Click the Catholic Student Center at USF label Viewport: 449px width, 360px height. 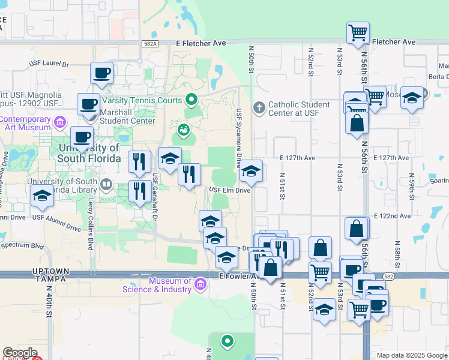click(x=299, y=109)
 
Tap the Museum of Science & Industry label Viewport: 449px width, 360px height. click(x=157, y=285)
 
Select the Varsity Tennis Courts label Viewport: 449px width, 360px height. click(x=142, y=100)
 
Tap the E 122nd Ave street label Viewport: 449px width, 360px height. click(x=392, y=215)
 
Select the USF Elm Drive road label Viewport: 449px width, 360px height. click(x=230, y=190)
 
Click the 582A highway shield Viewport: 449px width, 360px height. click(x=151, y=43)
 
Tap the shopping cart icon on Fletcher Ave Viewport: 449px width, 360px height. click(x=358, y=32)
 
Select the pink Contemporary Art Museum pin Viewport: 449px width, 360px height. click(x=59, y=123)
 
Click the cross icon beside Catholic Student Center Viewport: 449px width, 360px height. click(x=259, y=108)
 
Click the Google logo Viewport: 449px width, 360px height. click(x=20, y=353)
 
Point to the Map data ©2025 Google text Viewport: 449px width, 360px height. click(x=412, y=355)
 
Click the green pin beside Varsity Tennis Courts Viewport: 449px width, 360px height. click(x=191, y=100)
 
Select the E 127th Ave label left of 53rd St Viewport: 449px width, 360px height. click(x=298, y=158)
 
